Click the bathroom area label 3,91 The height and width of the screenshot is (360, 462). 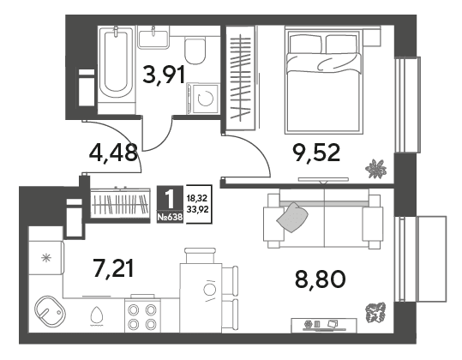pyautogui.click(x=164, y=75)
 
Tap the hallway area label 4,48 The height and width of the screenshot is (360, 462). pyautogui.click(x=113, y=153)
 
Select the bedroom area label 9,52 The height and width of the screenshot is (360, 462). pyautogui.click(x=315, y=153)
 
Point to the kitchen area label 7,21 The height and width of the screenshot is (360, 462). pyautogui.click(x=113, y=267)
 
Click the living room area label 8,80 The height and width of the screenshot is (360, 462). pyautogui.click(x=321, y=279)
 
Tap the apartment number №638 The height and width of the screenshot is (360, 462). pyautogui.click(x=170, y=218)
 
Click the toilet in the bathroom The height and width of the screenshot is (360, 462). pyautogui.click(x=195, y=51)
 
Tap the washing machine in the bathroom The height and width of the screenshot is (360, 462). pyautogui.click(x=203, y=98)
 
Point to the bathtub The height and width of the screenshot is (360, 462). pyautogui.click(x=117, y=64)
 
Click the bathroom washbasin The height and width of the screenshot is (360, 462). pyautogui.click(x=153, y=38)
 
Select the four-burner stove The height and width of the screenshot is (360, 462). pyautogui.click(x=142, y=315)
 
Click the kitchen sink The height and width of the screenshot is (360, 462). pyautogui.click(x=50, y=310)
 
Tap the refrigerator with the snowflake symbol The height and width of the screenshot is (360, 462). pyautogui.click(x=46, y=258)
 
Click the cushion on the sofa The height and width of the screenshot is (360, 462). pyautogui.click(x=292, y=217)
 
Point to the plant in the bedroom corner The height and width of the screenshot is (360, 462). pyautogui.click(x=376, y=169)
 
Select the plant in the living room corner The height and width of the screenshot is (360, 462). pyautogui.click(x=375, y=312)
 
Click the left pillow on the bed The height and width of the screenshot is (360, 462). pyautogui.click(x=305, y=45)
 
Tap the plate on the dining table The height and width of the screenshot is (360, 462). pyautogui.click(x=209, y=290)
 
